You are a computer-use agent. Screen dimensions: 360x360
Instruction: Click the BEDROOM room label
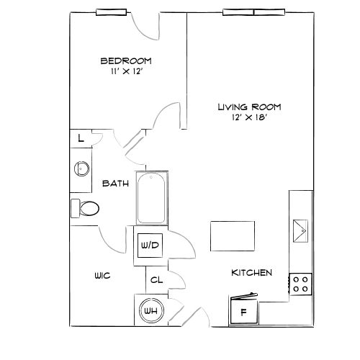point(126,60)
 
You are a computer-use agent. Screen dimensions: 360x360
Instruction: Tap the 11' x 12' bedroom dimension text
point(126,72)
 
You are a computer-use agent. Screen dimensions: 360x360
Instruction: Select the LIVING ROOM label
point(249,107)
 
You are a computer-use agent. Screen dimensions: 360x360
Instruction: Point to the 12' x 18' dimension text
point(249,118)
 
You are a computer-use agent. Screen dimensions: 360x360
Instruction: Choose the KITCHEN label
point(251,273)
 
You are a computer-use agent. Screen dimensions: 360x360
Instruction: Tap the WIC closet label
point(102,276)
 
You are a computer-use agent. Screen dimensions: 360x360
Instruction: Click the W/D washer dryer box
point(149,246)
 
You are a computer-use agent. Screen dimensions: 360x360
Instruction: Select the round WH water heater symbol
point(150,310)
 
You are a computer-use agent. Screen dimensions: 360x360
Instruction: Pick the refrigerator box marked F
point(243,312)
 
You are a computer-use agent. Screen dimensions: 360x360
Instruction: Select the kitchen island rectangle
point(232,235)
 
